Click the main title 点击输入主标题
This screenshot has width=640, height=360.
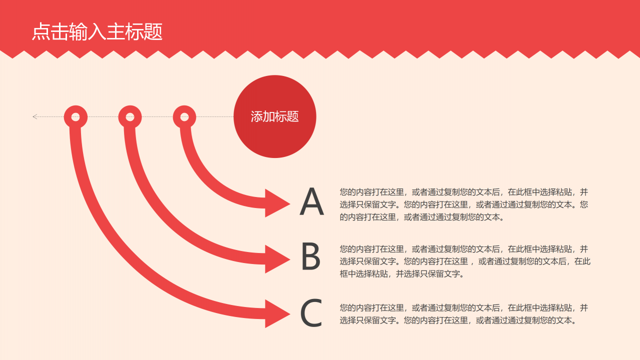(97, 32)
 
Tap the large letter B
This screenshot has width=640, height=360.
(310, 257)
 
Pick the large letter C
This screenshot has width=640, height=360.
(311, 313)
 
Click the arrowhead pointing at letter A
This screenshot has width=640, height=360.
(276, 203)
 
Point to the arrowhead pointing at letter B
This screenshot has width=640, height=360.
(276, 259)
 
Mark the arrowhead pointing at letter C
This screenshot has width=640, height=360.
(276, 314)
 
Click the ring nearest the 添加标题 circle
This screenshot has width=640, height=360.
(184, 117)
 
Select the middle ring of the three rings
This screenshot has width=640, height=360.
(130, 117)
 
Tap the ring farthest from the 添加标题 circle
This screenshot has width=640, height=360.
(75, 117)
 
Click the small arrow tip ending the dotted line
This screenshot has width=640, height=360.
(35, 117)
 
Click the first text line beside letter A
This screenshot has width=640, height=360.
(463, 191)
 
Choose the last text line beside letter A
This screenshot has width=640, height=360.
(422, 217)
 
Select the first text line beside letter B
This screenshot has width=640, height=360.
(463, 248)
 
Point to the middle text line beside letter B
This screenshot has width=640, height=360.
(465, 261)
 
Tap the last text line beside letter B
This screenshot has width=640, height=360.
(402, 273)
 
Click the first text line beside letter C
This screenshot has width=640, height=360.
(463, 307)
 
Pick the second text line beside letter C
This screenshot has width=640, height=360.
(458, 320)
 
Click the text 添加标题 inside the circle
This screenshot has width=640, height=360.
(274, 116)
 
